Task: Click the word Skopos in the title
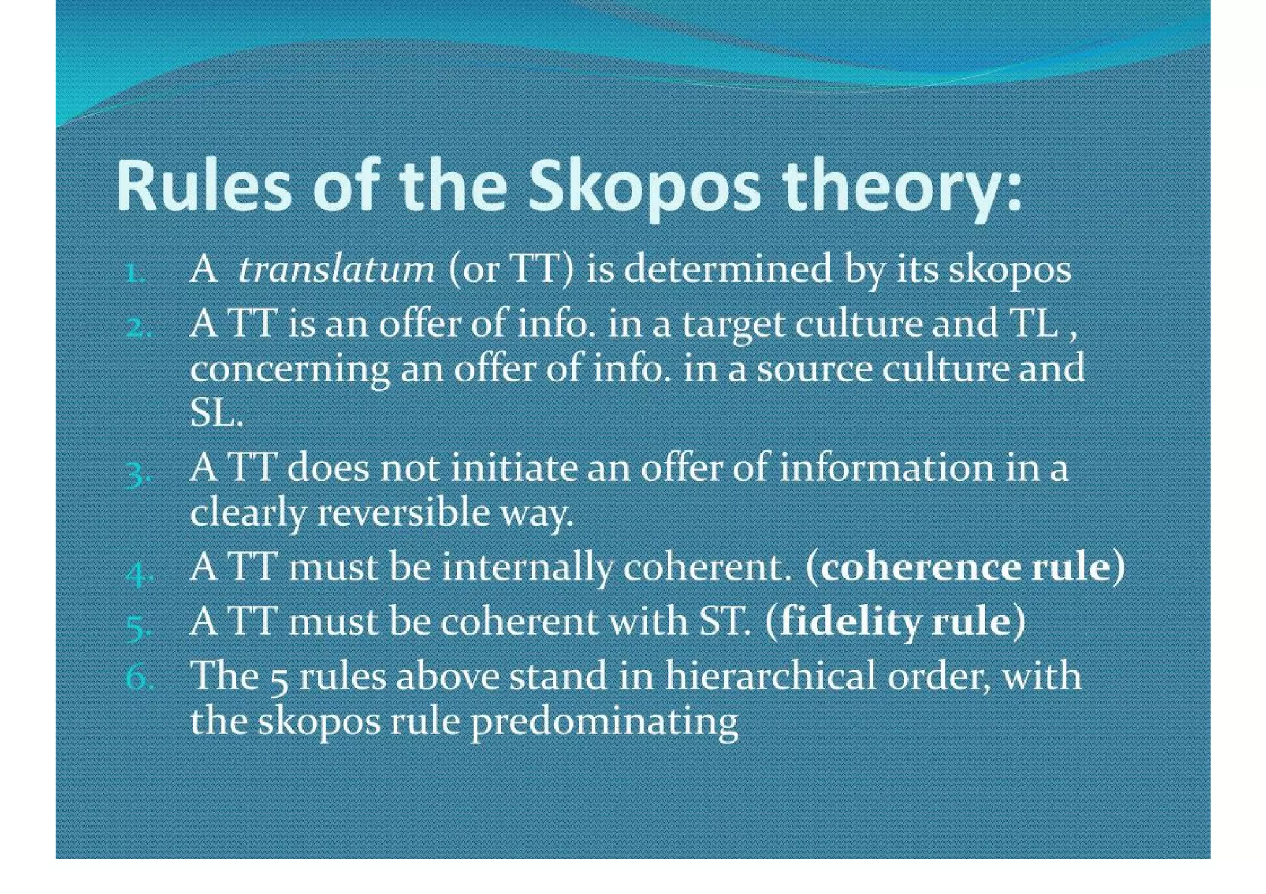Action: pos(644,186)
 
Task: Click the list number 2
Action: pos(137,327)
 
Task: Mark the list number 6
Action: pos(137,678)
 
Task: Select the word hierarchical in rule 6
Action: pos(770,676)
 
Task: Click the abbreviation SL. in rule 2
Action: pos(216,414)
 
